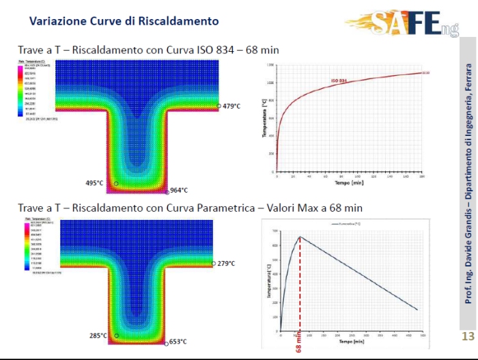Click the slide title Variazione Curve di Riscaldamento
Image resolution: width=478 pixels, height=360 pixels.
tap(124, 21)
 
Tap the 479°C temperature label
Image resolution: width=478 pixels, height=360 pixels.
tap(234, 106)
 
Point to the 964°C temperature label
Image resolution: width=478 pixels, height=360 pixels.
tap(179, 191)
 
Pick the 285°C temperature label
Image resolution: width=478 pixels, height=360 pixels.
tap(98, 335)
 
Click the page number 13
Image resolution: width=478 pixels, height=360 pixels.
tap(468, 336)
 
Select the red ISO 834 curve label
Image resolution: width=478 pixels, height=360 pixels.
tap(339, 81)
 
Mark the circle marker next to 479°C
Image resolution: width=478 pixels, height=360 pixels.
tap(219, 106)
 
